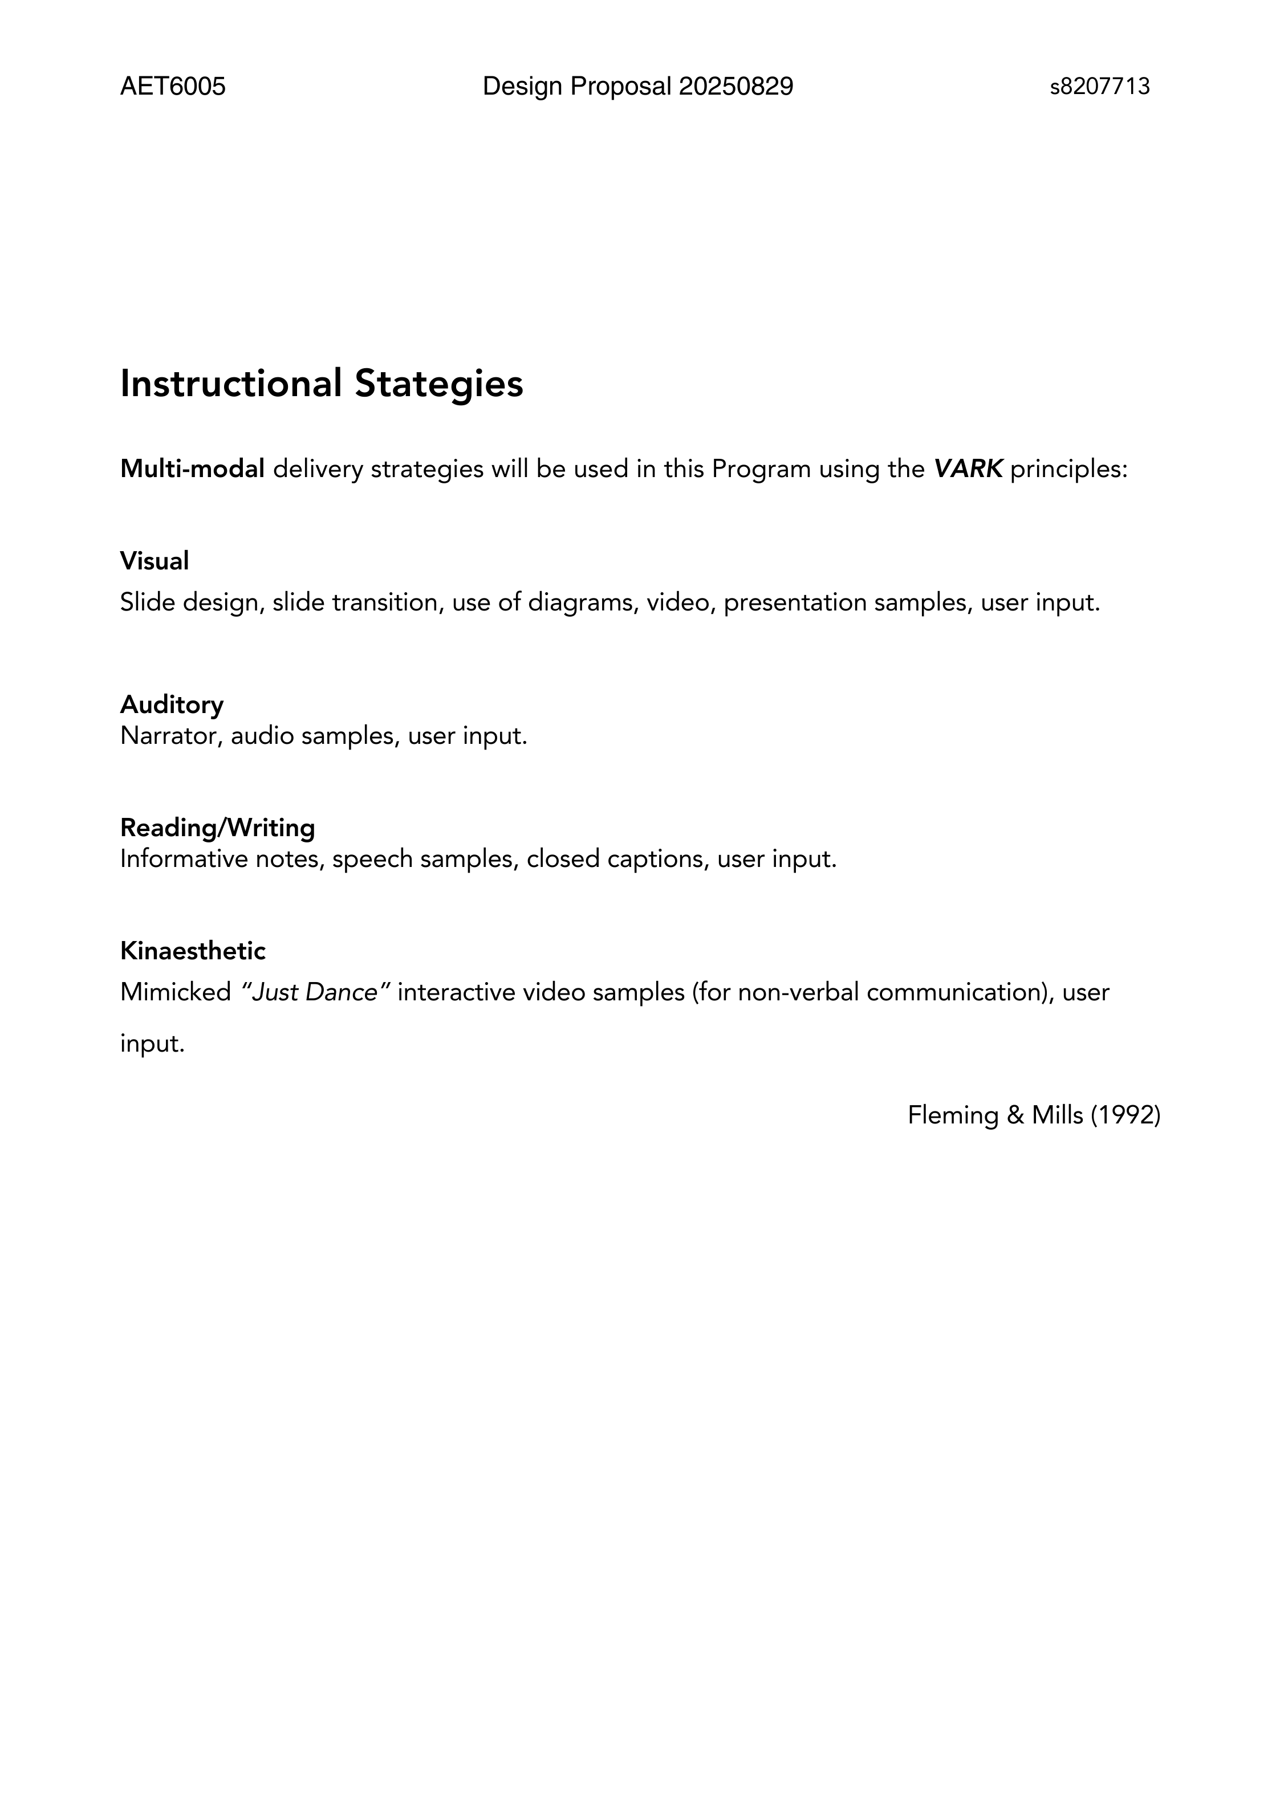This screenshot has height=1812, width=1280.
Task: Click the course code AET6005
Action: pos(173,86)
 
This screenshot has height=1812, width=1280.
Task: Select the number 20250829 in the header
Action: pos(736,86)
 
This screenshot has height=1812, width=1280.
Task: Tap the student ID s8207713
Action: pos(1099,87)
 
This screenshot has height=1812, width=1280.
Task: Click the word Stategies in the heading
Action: pos(438,384)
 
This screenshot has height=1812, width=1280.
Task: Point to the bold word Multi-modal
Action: pos(192,469)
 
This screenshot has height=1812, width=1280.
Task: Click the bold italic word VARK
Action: pos(968,469)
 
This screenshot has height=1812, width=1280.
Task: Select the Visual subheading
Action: pos(155,561)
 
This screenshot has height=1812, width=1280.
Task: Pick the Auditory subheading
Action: pos(172,704)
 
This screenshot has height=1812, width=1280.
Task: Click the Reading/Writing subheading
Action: pos(217,827)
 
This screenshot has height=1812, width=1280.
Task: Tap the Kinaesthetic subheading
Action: pos(193,951)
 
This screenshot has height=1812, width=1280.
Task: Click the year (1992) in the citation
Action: pos(1125,1115)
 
